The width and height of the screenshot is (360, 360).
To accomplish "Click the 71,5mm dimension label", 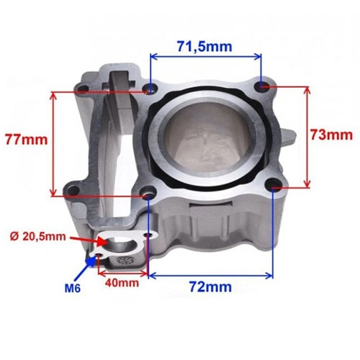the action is [204, 47].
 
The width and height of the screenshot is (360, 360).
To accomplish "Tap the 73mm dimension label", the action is [332, 135].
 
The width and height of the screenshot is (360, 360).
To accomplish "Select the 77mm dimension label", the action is [27, 140].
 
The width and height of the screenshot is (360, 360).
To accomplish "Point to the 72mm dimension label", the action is [210, 287].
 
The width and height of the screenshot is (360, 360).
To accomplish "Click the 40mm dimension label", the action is [122, 283].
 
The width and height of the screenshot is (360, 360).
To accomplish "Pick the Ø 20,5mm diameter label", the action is [38, 237].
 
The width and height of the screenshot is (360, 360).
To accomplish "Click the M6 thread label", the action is [73, 288].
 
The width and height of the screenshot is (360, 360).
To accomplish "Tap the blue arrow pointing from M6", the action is [85, 268].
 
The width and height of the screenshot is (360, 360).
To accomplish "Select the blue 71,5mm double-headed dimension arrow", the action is [206, 57].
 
